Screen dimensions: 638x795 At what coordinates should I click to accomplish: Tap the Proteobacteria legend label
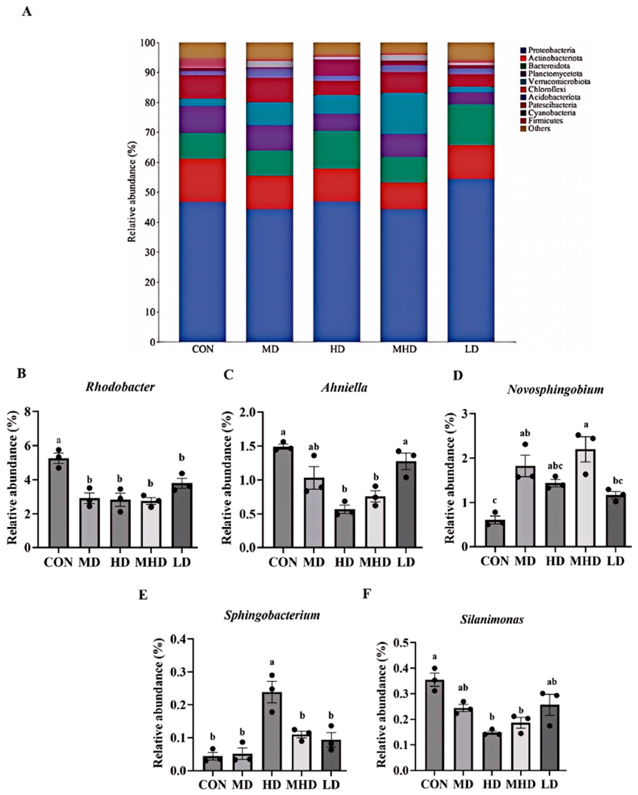point(548,50)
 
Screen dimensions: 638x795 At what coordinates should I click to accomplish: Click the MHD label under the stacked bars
point(404,349)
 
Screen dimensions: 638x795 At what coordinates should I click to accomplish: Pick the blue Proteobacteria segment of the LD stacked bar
point(471,261)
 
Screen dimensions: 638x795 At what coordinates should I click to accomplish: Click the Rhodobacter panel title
point(120,387)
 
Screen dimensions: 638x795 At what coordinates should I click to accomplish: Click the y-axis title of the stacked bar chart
point(132,191)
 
